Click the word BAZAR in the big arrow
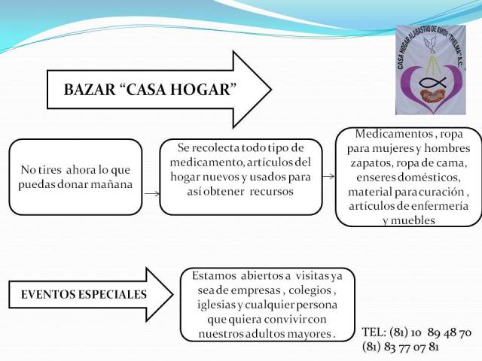point(90,89)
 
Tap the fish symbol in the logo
point(433,82)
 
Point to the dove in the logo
point(431,44)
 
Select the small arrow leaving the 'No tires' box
point(152,194)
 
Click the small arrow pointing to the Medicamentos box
point(328,176)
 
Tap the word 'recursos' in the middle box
point(271,192)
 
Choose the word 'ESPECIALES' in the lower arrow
point(112,295)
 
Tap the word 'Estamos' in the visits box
point(214,276)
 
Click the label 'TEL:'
point(374,332)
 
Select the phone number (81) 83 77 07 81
point(401,347)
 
